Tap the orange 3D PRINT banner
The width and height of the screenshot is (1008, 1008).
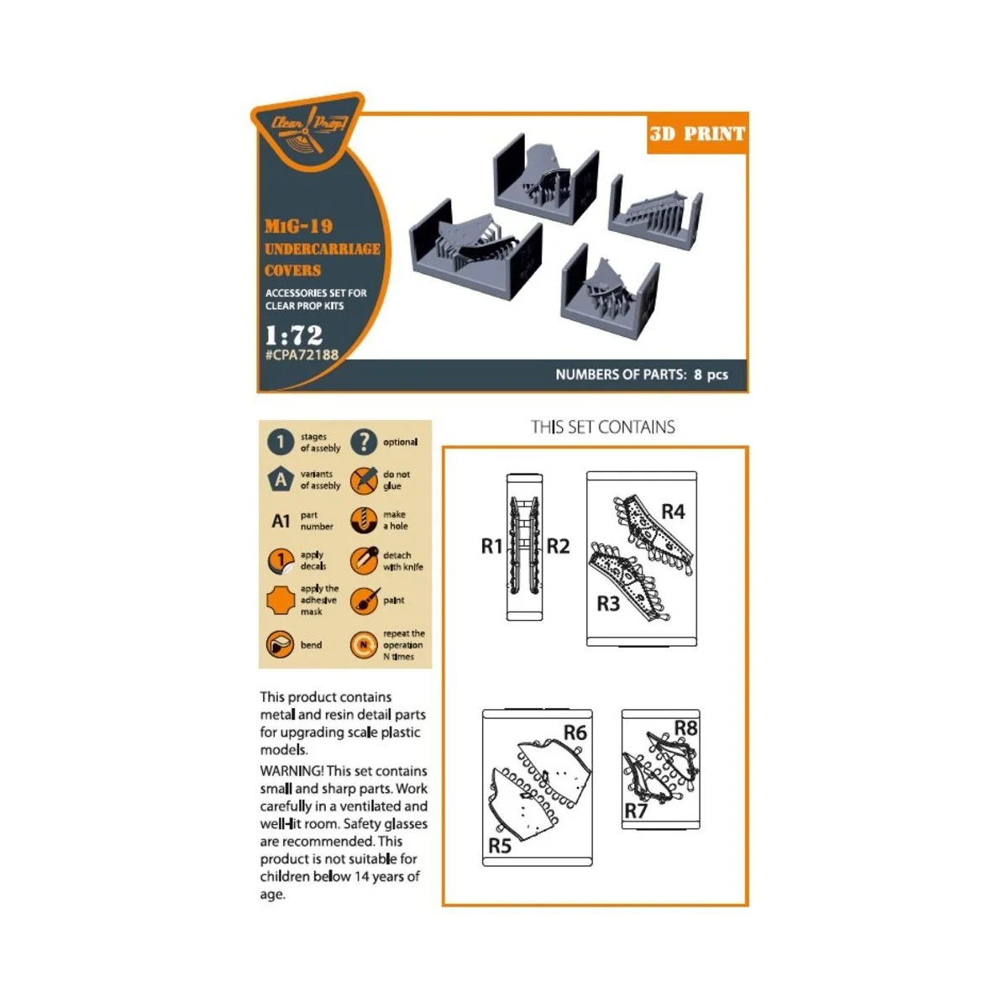click(696, 134)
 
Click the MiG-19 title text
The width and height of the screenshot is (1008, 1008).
click(298, 226)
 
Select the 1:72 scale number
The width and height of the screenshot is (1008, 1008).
click(293, 334)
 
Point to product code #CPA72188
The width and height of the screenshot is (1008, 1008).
click(302, 355)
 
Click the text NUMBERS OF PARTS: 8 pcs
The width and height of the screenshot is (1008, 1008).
click(641, 375)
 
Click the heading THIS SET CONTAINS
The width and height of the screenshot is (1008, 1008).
click(602, 427)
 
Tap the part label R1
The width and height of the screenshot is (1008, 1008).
click(491, 546)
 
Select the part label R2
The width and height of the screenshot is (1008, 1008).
click(558, 546)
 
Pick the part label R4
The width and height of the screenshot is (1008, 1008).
click(673, 512)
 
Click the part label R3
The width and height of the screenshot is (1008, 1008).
click(608, 603)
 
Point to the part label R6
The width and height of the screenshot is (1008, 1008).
click(575, 732)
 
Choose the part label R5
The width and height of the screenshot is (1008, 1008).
click(500, 846)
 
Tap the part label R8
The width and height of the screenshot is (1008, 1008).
click(685, 727)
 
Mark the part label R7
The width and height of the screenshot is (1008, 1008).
click(636, 811)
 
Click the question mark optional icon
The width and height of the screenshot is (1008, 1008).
click(364, 442)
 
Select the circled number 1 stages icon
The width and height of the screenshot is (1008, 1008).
click(281, 442)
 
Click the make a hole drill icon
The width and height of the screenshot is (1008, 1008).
click(364, 520)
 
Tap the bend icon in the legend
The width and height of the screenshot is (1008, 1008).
click(280, 645)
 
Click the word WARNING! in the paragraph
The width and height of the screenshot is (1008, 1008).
click(291, 770)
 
